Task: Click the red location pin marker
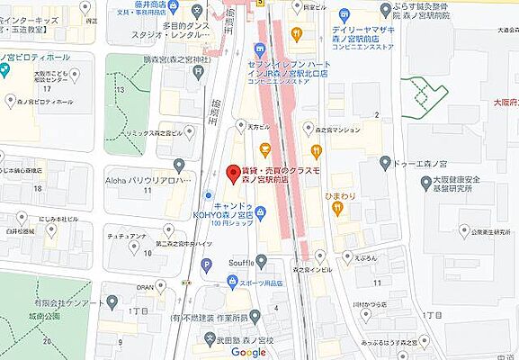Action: (x=230, y=172)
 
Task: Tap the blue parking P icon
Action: (x=207, y=265)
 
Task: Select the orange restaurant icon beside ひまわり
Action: (x=336, y=208)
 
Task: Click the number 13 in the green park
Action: (x=119, y=91)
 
